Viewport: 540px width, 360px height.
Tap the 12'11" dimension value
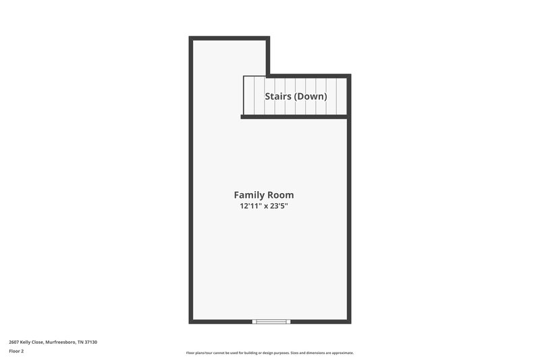point(250,207)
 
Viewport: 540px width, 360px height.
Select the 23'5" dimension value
point(284,207)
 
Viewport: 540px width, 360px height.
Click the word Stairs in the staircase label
point(277,97)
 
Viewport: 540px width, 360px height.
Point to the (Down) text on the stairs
point(310,97)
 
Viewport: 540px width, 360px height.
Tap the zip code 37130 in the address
point(90,342)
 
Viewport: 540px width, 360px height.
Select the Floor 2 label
point(16,351)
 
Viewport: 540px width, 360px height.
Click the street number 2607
point(14,342)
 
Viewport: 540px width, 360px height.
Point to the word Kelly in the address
point(26,342)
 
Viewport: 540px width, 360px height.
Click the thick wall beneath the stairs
point(294,117)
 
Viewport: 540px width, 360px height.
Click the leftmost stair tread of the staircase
point(248,96)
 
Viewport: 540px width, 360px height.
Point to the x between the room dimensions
point(267,207)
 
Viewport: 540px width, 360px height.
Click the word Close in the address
point(38,342)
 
